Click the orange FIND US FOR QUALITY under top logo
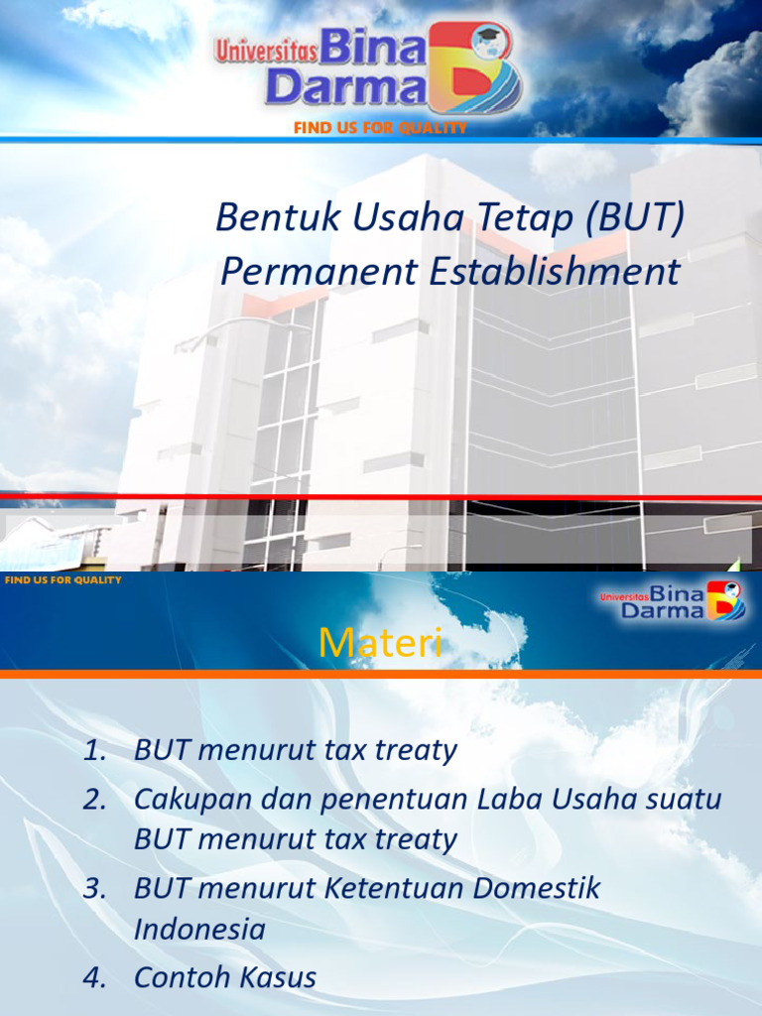tap(380, 128)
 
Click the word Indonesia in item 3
tap(199, 930)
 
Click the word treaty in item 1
tap(417, 751)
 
